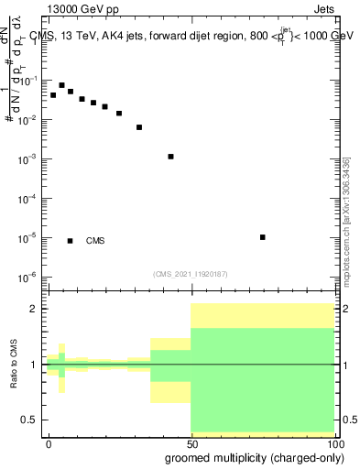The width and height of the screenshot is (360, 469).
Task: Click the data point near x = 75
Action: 263,237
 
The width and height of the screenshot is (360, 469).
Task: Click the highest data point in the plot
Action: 61,85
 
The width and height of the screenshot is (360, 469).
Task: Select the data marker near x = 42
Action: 171,157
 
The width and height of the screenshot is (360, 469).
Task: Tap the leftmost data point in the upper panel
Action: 53,95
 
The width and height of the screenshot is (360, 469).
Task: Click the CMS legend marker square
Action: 71,241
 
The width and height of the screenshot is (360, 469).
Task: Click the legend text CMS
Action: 95,241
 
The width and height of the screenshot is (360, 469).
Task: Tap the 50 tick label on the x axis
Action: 191,443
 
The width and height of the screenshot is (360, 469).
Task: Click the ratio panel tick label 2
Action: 36,309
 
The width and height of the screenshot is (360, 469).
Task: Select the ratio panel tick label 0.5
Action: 32,420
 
